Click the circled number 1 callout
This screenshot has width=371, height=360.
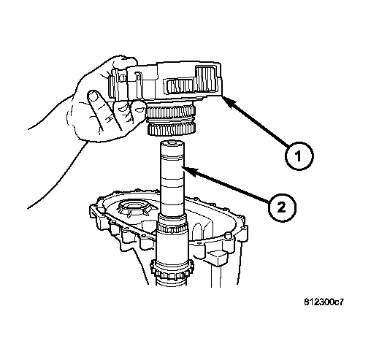pos(299,156)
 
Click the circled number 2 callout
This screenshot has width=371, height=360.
pos(282,207)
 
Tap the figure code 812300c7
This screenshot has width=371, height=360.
pos(324,302)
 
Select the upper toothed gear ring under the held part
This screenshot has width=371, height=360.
pos(170,112)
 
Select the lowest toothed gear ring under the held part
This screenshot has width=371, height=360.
pos(172,129)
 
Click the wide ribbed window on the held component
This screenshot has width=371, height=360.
pos(181,86)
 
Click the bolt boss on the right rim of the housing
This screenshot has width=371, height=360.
pos(228,236)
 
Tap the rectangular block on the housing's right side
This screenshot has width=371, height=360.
pos(216,258)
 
